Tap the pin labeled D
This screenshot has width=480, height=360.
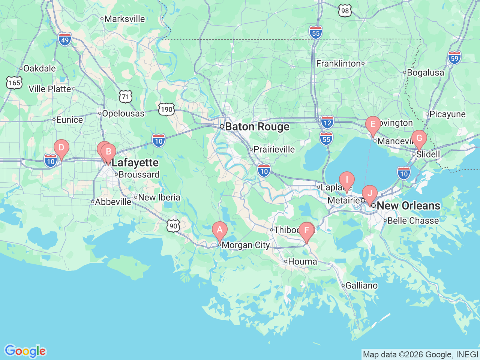[61, 148]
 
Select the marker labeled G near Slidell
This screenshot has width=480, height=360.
[419, 138]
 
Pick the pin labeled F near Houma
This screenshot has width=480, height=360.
[306, 230]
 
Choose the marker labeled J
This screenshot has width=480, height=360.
[370, 193]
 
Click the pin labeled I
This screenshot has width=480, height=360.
[347, 180]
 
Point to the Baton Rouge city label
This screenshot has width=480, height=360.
[257, 127]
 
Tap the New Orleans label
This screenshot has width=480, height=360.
[408, 205]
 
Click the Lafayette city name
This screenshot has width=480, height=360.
[135, 163]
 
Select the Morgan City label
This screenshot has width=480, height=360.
[246, 245]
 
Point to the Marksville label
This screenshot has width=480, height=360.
[124, 19]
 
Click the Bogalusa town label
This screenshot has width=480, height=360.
[425, 73]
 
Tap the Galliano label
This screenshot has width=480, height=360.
[361, 286]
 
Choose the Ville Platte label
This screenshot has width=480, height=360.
[50, 89]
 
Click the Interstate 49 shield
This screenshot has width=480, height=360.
[65, 39]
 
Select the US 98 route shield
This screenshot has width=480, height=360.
[345, 10]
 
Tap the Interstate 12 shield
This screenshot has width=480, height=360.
[327, 122]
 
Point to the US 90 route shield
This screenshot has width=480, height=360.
[173, 226]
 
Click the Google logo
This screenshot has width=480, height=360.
[25, 351]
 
